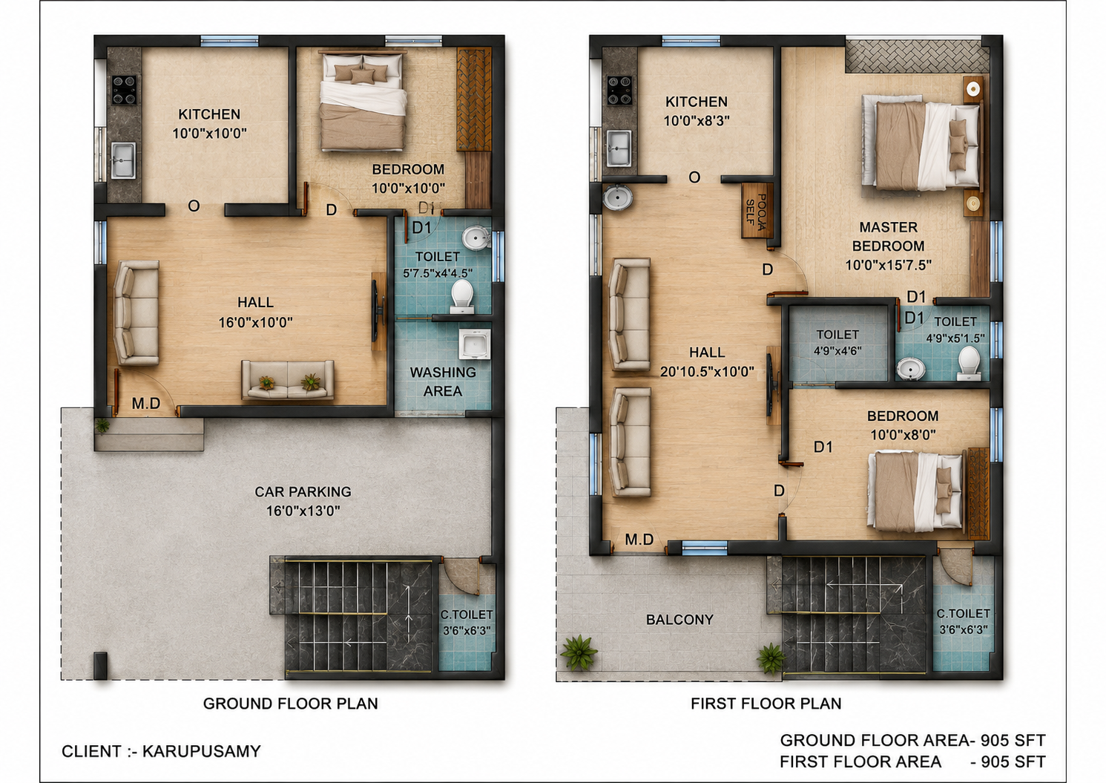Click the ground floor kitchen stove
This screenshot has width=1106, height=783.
tap(124, 89)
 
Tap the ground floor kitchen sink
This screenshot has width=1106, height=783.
tap(123, 160)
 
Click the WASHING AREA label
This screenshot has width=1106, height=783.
tap(443, 381)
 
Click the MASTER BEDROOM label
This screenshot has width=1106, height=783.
tap(888, 237)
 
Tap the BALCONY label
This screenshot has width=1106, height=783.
tap(680, 620)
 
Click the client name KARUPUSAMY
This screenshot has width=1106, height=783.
tap(202, 751)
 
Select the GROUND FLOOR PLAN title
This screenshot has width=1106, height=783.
tap(290, 704)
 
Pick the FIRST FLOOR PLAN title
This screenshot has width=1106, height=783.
tap(766, 704)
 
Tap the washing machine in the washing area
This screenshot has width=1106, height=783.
tap(475, 344)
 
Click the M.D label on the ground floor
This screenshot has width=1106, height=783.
tap(146, 404)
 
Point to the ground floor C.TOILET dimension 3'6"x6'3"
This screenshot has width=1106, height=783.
tap(467, 631)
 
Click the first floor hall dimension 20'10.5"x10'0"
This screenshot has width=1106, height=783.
tap(707, 372)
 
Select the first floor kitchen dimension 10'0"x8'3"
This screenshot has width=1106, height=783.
tap(697, 120)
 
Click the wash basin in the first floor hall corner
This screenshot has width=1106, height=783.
tap(617, 197)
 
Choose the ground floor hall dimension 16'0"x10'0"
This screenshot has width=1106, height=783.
tap(256, 323)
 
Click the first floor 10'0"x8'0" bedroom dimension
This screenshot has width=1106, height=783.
tap(903, 435)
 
